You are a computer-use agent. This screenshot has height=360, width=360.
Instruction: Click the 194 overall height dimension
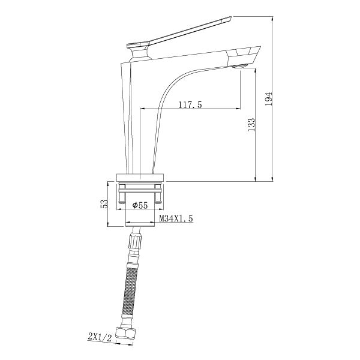(x=269, y=99)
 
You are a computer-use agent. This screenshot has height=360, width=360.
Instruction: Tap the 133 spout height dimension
(x=251, y=125)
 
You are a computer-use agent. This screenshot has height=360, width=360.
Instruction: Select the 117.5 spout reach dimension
(x=190, y=104)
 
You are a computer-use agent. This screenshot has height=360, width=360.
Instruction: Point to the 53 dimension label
(x=104, y=203)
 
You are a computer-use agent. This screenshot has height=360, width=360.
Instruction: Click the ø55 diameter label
(x=140, y=205)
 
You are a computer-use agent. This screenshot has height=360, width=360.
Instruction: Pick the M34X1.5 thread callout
(x=176, y=218)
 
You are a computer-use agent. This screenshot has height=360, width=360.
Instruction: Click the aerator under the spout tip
(x=239, y=67)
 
